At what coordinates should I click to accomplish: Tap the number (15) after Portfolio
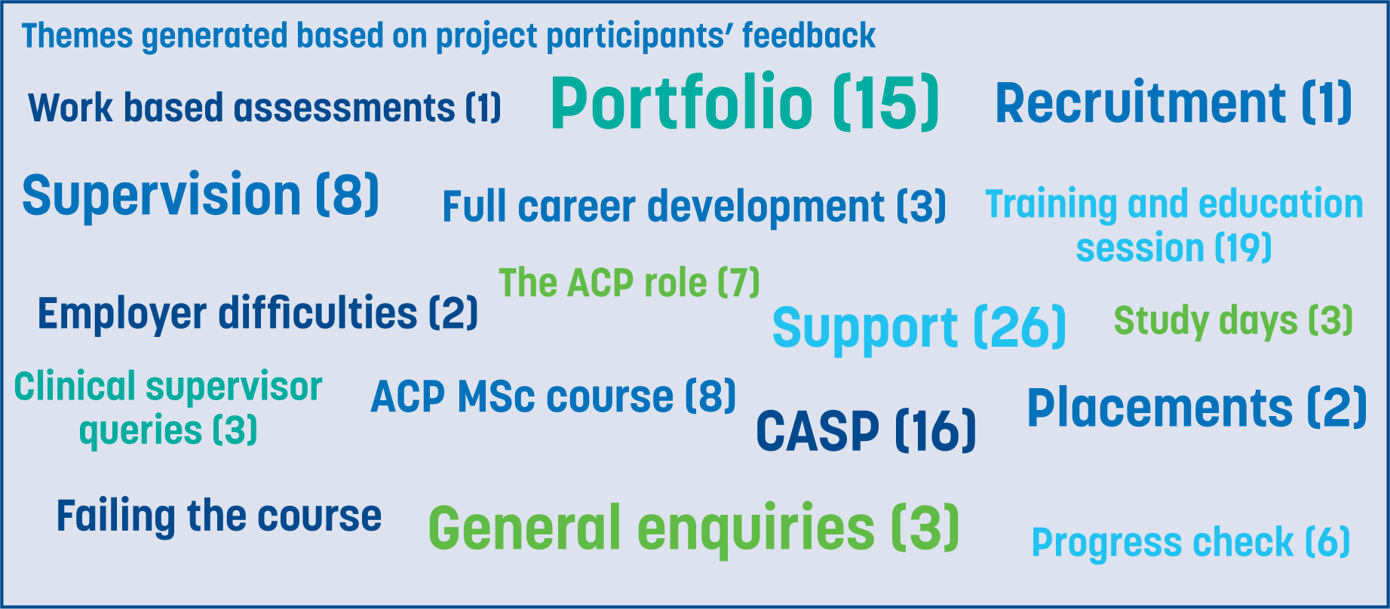[886, 103]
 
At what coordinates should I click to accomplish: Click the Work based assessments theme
[265, 107]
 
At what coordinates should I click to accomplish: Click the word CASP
[818, 431]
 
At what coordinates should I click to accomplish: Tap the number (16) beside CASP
[935, 432]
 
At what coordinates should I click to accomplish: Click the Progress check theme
[1190, 543]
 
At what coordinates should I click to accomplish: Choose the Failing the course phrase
[219, 516]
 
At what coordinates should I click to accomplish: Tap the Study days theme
[1233, 321]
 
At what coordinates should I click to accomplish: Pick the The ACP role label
[629, 283]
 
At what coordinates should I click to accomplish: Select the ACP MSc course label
[553, 396]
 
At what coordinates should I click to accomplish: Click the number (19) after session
[1243, 248]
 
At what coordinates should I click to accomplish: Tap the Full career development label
[694, 207]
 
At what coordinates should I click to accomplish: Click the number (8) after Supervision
[347, 194]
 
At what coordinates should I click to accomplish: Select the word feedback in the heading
[809, 35]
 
